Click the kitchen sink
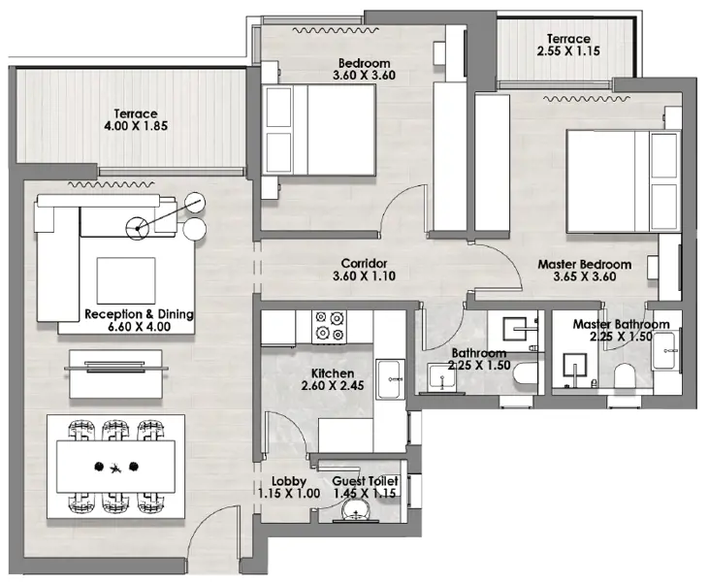coord(391,372)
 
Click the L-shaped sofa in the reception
coord(58,257)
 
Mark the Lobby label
coord(289,481)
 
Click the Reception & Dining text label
coord(139,314)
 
